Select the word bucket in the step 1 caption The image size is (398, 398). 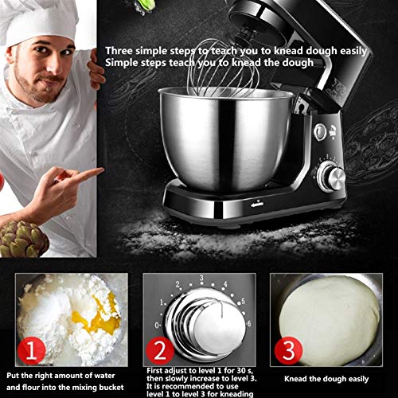[109, 388]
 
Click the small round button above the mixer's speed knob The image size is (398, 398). [321, 131]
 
